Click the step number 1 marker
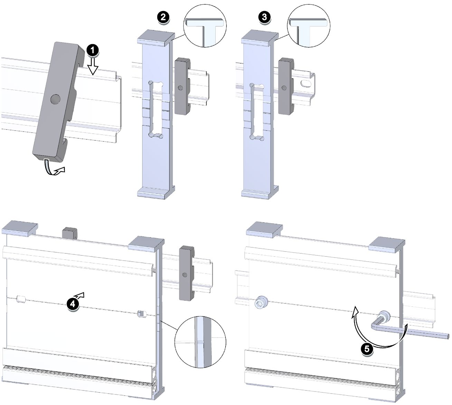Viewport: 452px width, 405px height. (93, 50)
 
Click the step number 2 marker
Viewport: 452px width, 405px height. (163, 17)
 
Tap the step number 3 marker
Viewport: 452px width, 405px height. (264, 17)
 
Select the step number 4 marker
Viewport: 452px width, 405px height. (73, 303)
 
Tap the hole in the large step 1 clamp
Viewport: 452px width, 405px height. (55, 98)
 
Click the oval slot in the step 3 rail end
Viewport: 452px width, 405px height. (305, 84)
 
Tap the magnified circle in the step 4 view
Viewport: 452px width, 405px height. (200, 342)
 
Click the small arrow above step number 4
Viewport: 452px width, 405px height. (80, 295)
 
